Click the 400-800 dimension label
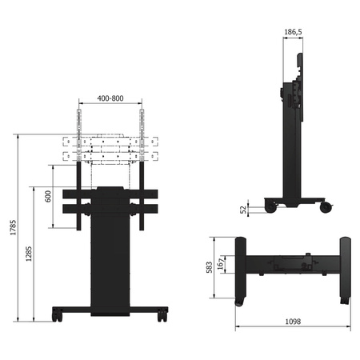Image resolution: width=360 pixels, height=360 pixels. coord(110,98)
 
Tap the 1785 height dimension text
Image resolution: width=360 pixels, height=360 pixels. coord(13,227)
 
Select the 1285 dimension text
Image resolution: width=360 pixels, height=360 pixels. coord(29,254)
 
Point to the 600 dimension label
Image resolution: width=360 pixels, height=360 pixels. coord(48,196)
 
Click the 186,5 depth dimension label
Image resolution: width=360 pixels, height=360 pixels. coord(293,32)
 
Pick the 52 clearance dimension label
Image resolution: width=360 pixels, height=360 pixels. coord(243,210)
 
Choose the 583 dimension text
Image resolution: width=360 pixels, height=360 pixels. coord(210,267)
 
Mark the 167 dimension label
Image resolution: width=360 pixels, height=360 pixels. coord(221,264)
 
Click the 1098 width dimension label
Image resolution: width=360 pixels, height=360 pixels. coord(293,322)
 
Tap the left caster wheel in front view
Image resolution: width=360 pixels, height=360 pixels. coord(57,315)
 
